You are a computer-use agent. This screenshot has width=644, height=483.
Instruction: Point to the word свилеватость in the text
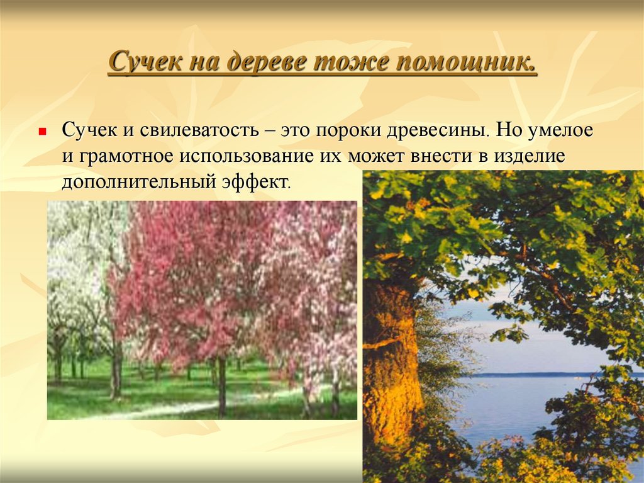pos(199,132)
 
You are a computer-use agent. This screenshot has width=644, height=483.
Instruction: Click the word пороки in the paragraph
pos(347,132)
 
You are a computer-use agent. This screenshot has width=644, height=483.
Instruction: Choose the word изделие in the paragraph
pos(532,157)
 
